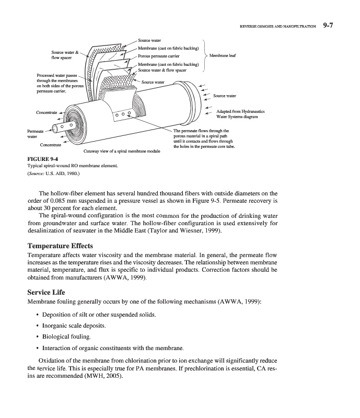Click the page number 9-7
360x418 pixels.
pyautogui.click(x=332, y=24)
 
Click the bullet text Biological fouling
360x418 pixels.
pyautogui.click(x=67, y=336)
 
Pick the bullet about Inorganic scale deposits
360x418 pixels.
pyautogui.click(x=74, y=325)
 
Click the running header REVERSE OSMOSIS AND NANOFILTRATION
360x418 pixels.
pyautogui.click(x=277, y=25)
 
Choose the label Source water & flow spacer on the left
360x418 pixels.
pyautogui.click(x=65, y=55)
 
